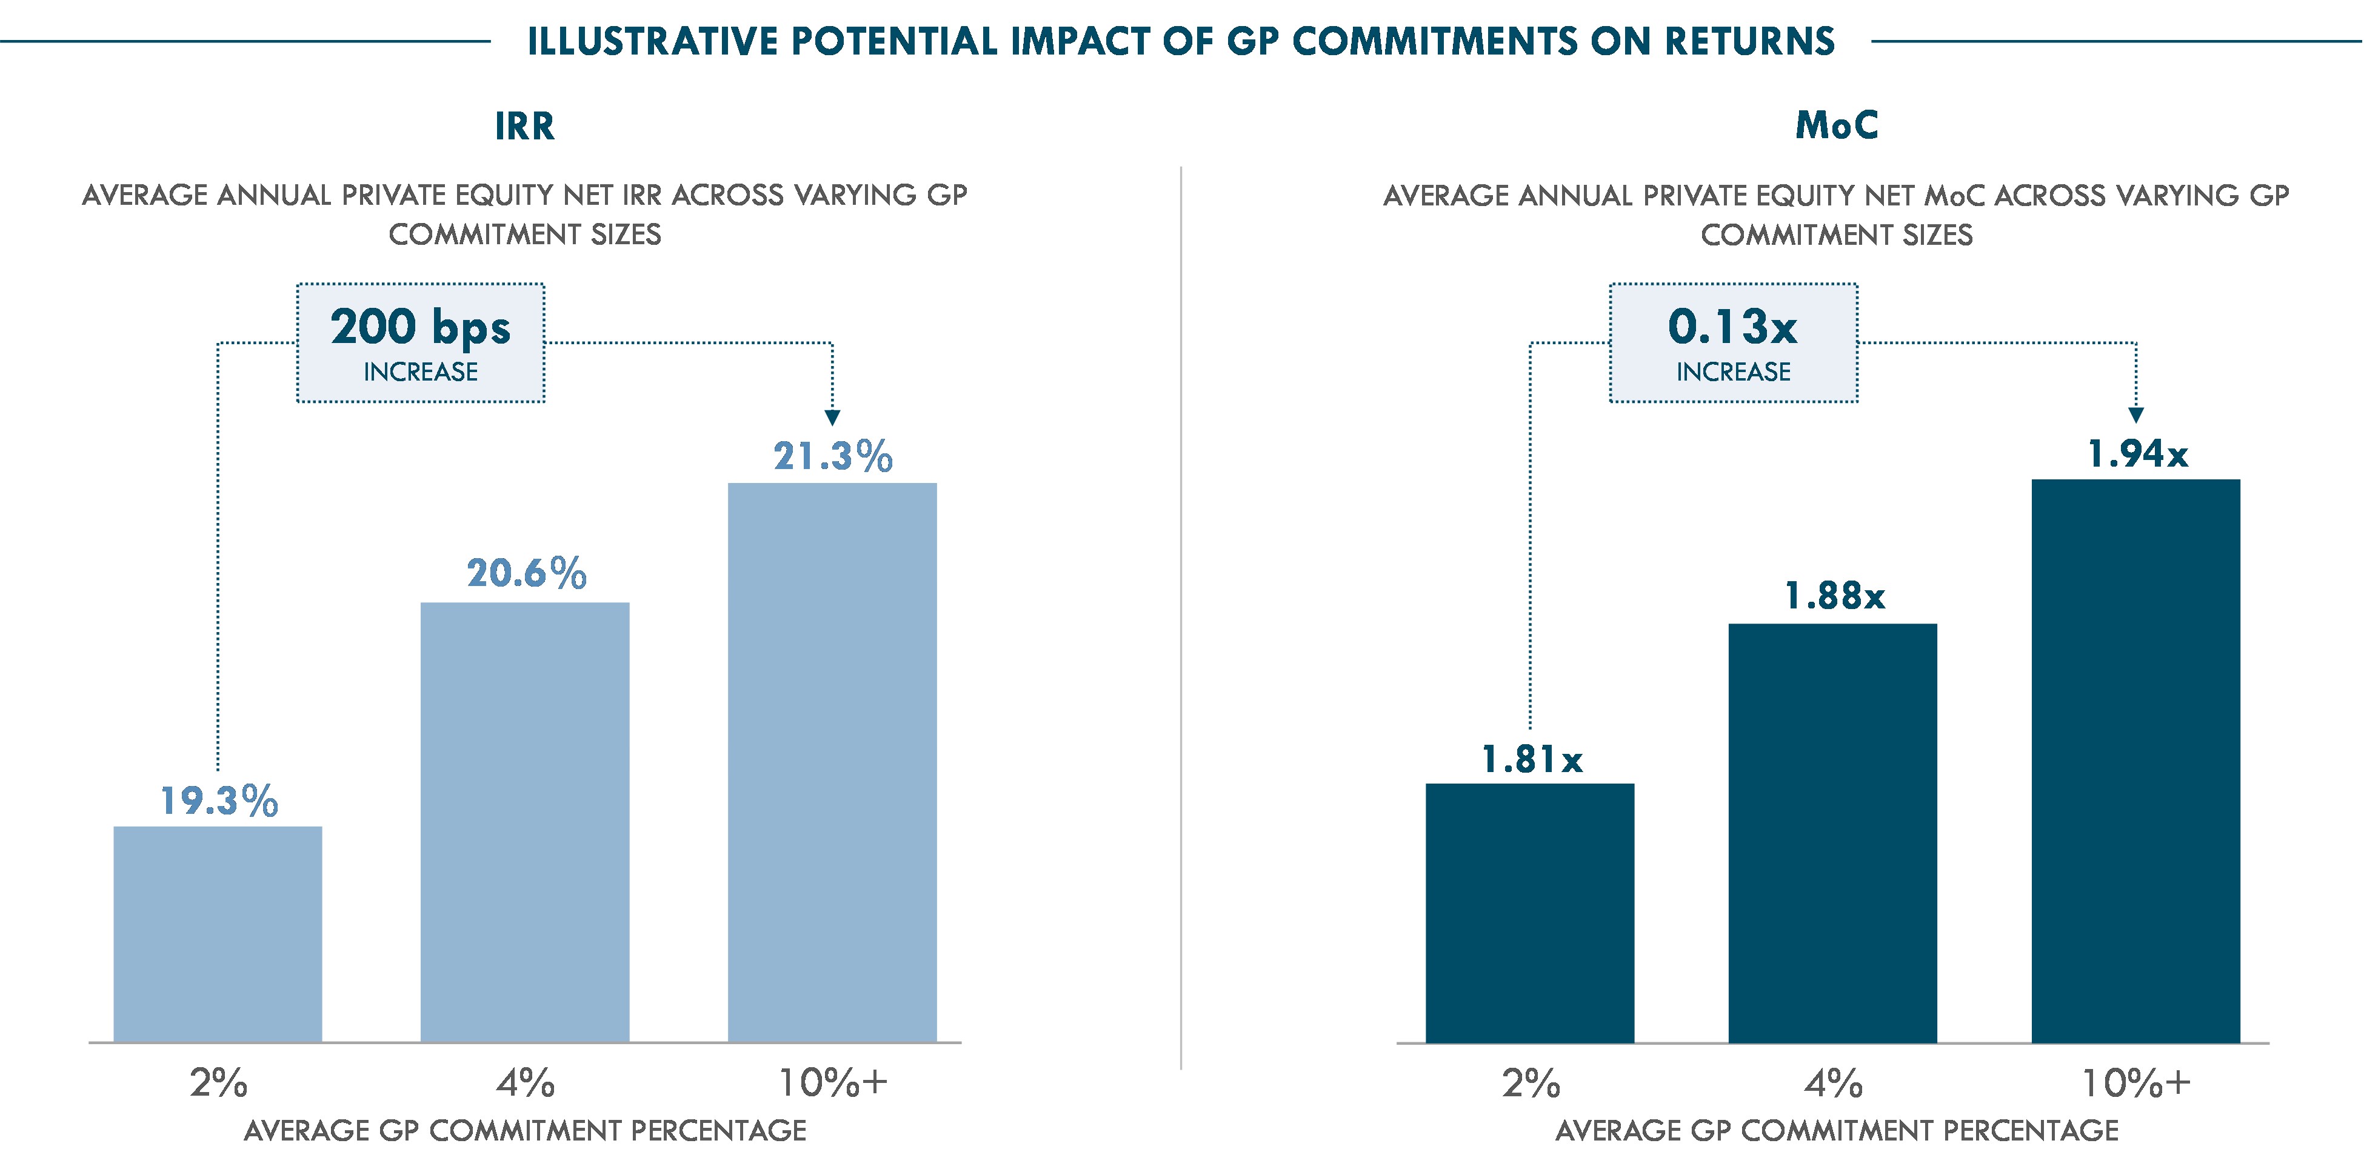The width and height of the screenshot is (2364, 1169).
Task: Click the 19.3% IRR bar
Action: tap(218, 933)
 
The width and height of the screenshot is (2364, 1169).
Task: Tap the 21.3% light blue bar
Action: tap(832, 762)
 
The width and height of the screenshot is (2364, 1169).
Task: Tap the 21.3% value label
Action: tap(832, 456)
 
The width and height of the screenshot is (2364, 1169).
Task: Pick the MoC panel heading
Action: tap(1836, 125)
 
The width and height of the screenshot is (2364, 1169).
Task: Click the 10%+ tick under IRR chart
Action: tap(832, 1083)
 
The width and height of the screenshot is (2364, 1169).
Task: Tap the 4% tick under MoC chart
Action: tap(1832, 1083)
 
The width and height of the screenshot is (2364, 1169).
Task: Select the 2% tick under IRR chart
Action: tap(218, 1083)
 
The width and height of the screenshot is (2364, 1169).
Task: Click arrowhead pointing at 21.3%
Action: tap(832, 418)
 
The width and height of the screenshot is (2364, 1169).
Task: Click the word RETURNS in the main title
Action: tap(1749, 41)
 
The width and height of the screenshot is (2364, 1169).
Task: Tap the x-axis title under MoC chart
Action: tap(1836, 1130)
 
